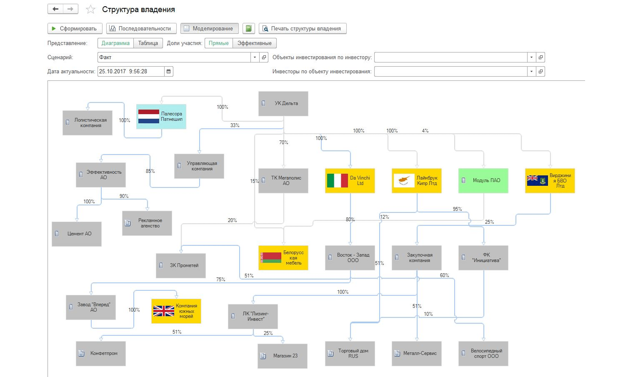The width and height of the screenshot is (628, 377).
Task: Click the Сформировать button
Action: click(x=75, y=29)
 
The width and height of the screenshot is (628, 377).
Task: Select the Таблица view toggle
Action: click(x=148, y=43)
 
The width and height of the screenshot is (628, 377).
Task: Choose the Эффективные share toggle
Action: click(x=255, y=43)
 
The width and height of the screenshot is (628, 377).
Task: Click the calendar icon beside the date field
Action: click(x=168, y=72)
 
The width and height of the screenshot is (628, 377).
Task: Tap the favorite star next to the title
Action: click(x=90, y=10)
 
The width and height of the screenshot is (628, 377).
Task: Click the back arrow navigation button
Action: click(x=55, y=9)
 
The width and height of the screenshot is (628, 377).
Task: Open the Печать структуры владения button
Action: click(x=303, y=29)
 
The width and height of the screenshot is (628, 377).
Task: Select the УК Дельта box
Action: click(x=283, y=103)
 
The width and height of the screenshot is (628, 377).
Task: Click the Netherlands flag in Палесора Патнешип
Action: click(x=149, y=116)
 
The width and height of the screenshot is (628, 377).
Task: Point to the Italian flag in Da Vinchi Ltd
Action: click(x=337, y=180)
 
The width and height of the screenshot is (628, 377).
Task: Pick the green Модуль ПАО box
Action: click(x=483, y=180)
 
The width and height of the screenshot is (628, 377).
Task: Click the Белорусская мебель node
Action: click(x=283, y=258)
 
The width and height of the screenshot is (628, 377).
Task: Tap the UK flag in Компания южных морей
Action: click(x=164, y=311)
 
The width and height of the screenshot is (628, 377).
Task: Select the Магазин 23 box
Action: click(x=282, y=356)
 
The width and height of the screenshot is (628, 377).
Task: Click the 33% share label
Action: click(x=235, y=125)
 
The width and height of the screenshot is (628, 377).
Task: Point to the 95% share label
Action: click(x=457, y=209)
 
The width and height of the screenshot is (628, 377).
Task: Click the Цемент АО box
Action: click(x=77, y=234)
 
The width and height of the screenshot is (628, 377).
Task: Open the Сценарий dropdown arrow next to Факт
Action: click(x=255, y=57)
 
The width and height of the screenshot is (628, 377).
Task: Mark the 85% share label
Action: click(x=150, y=171)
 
